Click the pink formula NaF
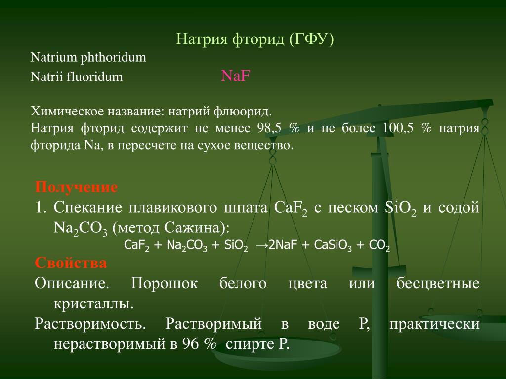[236, 76]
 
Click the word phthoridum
[113, 58]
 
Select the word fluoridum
[95, 76]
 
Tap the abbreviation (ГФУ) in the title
[311, 39]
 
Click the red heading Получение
[76, 187]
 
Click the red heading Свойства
[71, 263]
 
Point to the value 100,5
[398, 128]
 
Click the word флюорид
[243, 112]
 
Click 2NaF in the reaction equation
[282, 245]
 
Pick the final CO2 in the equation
[379, 246]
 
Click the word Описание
[72, 283]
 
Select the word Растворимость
[90, 324]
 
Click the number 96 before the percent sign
[190, 344]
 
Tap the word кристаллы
[93, 303]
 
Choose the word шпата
[246, 208]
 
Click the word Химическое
[66, 112]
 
